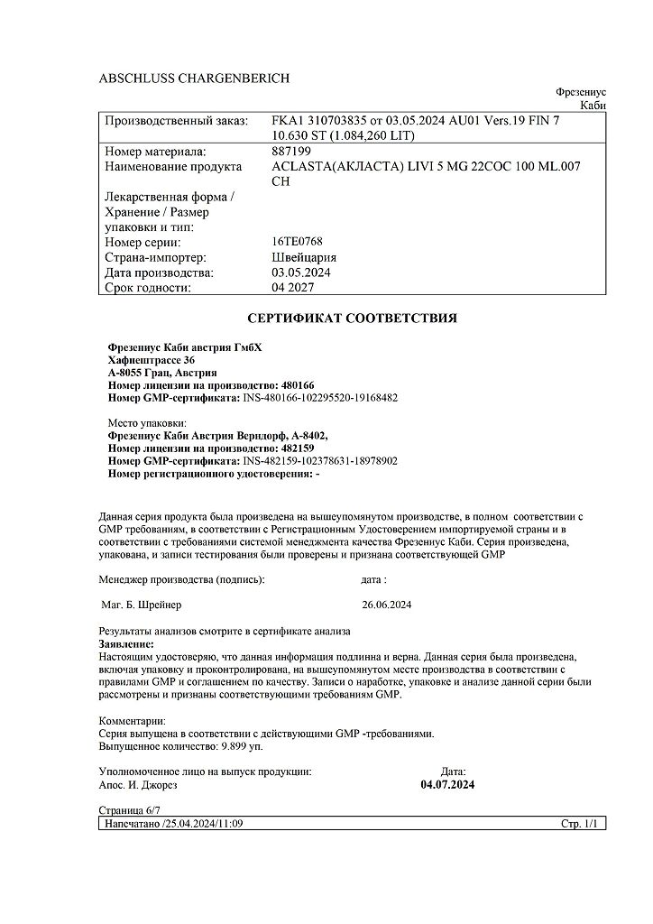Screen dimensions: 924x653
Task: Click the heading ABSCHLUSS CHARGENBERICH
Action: (194, 79)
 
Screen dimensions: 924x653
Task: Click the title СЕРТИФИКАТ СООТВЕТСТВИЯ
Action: (352, 319)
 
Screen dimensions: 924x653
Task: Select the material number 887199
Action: (289, 151)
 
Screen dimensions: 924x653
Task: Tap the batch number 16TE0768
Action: (297, 242)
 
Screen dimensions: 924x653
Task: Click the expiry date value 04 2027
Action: (293, 288)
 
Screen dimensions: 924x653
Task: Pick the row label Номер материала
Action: (155, 151)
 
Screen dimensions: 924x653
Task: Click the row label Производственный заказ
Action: (176, 120)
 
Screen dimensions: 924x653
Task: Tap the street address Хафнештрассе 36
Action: (151, 360)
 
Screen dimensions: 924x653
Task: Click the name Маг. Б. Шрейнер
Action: (145, 605)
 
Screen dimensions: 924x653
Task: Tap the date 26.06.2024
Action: (386, 605)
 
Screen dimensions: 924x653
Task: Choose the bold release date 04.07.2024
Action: (447, 785)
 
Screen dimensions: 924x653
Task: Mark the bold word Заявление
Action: (125, 644)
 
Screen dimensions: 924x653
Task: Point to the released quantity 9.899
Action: (230, 747)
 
